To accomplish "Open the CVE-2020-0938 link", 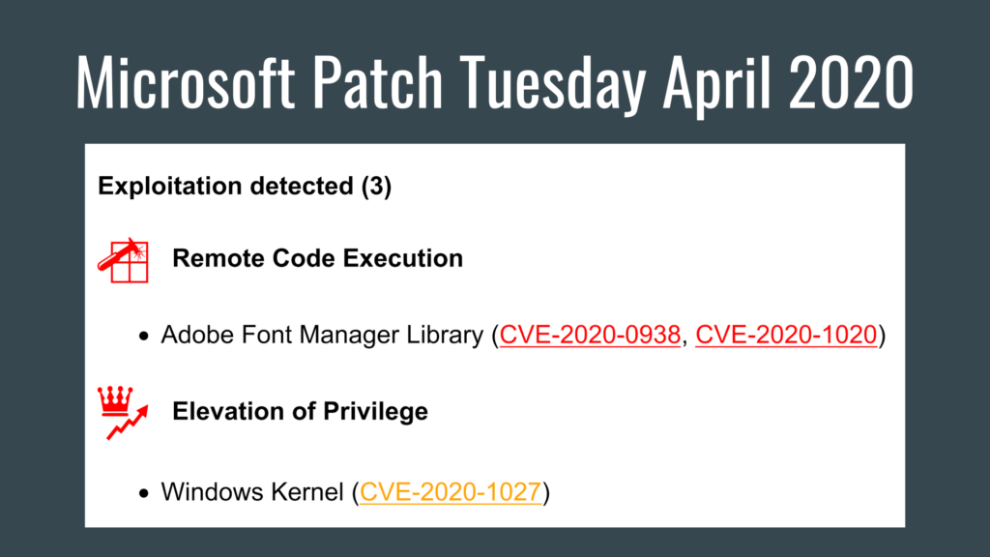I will point(590,336).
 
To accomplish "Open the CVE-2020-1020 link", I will point(786,336).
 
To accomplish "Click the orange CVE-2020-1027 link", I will point(450,491).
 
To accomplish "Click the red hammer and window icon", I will point(124,258).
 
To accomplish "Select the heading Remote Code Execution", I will point(317,258).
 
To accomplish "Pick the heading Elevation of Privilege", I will point(300,411).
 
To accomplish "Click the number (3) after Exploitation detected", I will point(376,187).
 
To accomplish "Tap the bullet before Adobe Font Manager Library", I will point(144,337).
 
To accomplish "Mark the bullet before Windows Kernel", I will point(144,493).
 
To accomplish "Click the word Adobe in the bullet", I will point(189,336).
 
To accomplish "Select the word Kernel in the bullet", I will point(309,491).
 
